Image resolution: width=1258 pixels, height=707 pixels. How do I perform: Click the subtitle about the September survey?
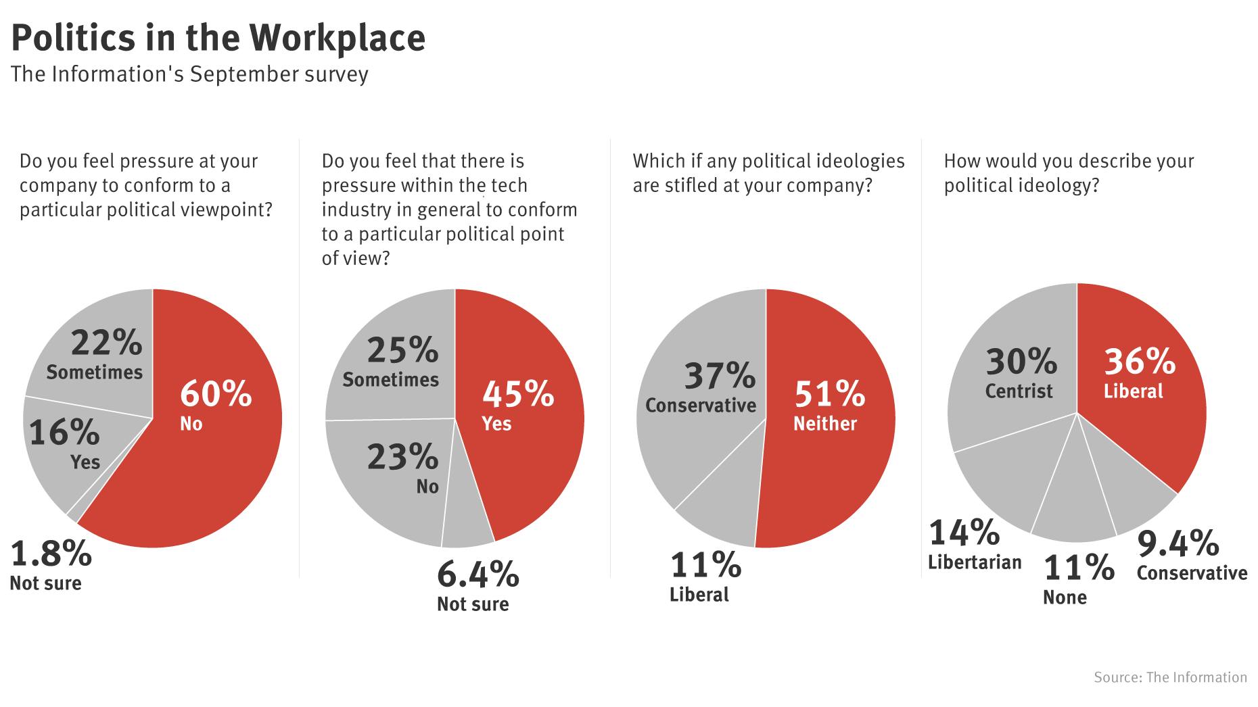pos(189,74)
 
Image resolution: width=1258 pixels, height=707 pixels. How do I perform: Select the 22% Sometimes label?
pos(95,355)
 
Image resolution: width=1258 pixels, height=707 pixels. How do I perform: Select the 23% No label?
pos(404,468)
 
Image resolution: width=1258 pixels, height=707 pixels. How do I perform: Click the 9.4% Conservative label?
pos(1190,554)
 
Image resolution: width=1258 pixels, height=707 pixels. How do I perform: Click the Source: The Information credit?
pos(1170,677)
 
